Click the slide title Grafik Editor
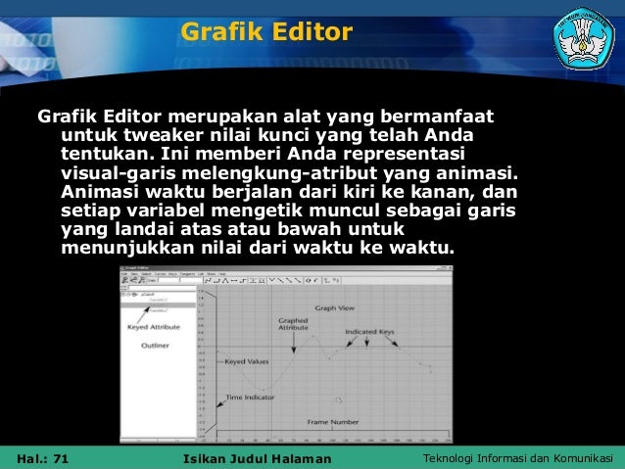coord(265,34)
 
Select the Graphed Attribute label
coord(293,324)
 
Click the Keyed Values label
coord(245,361)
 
